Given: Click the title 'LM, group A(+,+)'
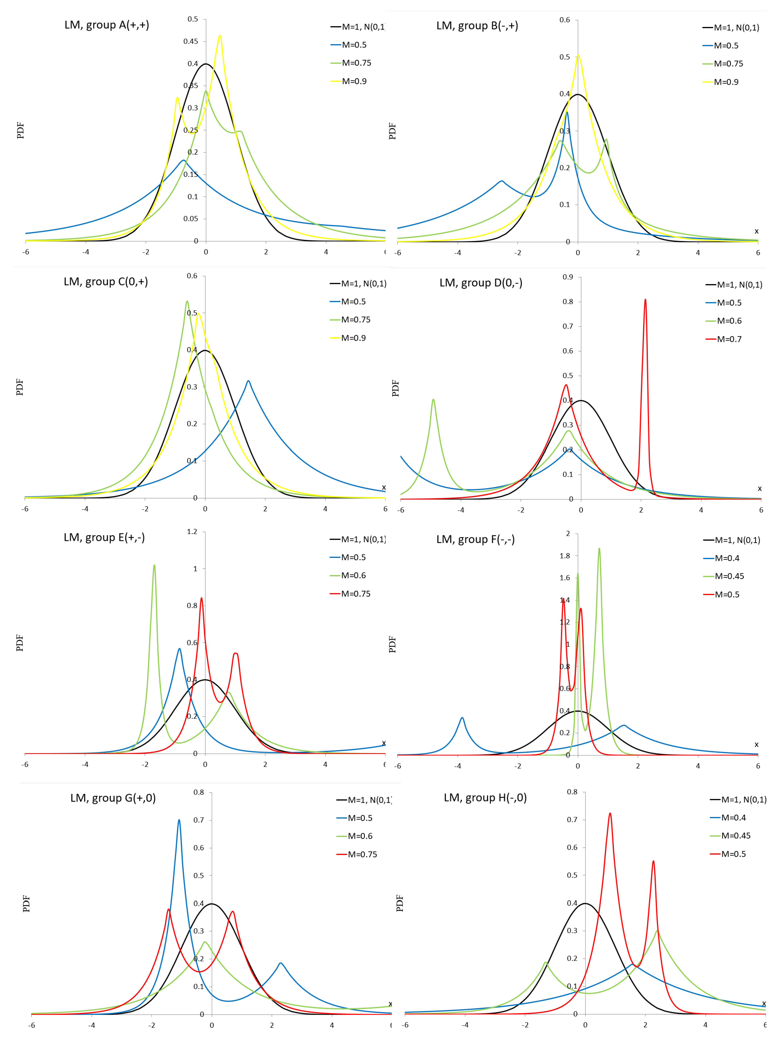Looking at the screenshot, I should [x=107, y=25].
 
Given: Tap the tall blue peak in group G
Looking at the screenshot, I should [x=179, y=820].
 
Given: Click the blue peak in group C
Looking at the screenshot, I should [x=248, y=381].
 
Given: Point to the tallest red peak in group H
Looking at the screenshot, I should [x=610, y=814].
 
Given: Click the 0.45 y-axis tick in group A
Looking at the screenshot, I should [x=191, y=41].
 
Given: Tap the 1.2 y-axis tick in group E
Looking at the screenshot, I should [x=192, y=532].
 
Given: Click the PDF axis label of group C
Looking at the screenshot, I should [x=20, y=387].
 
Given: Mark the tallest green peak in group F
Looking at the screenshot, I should [x=599, y=549].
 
